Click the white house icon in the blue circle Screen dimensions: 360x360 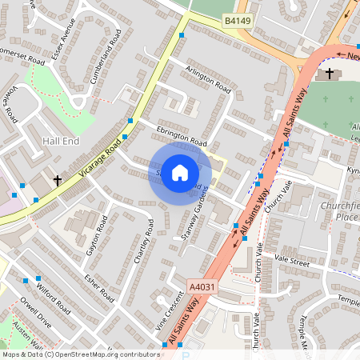coord(180,173)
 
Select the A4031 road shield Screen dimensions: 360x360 coord(202,286)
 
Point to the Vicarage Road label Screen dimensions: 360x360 coord(101,157)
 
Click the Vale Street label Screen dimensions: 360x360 coord(291,260)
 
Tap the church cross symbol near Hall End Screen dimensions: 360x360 coord(58,181)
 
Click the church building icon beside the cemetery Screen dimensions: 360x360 coord(328,74)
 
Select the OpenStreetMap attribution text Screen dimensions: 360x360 coord(80,354)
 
